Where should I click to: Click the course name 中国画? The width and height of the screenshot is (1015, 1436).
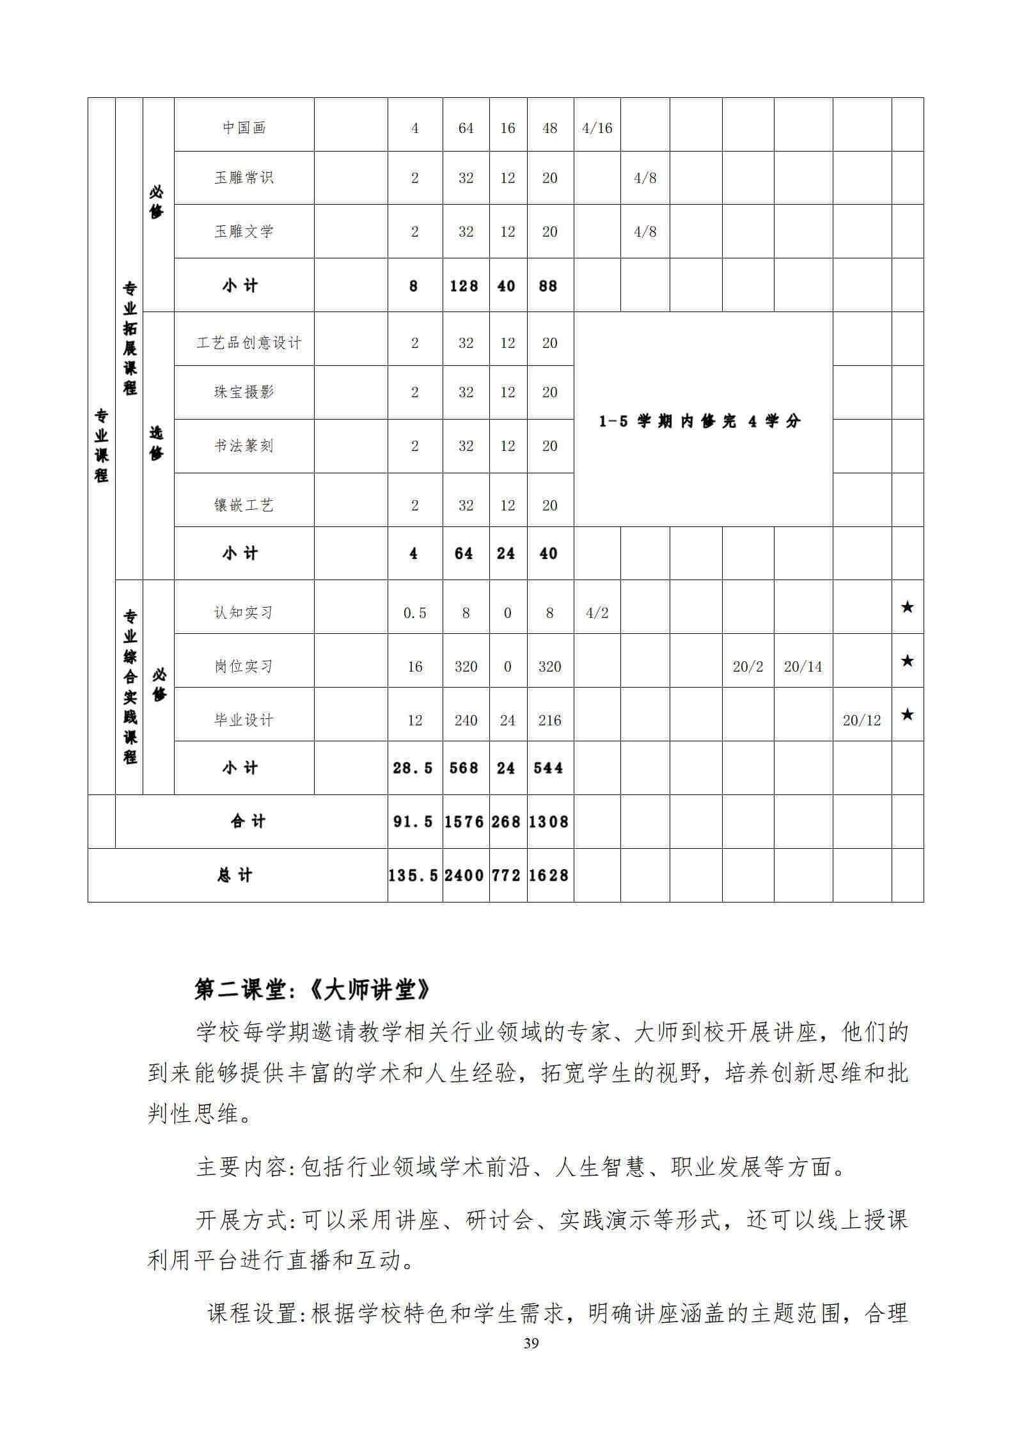point(244,128)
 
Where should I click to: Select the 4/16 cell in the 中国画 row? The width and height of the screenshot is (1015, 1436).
point(597,128)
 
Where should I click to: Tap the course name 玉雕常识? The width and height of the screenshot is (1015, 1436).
point(244,178)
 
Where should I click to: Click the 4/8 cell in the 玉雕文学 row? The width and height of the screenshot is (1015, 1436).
point(645,232)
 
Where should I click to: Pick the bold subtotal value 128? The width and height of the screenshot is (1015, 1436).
point(465,286)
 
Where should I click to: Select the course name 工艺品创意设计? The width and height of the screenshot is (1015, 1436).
point(248,343)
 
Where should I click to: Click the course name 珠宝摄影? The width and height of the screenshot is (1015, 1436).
point(244,392)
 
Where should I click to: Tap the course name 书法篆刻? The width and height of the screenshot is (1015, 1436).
point(244,446)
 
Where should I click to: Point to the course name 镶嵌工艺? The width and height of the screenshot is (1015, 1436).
point(244,505)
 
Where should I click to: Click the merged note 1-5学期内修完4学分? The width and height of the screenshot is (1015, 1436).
point(700,422)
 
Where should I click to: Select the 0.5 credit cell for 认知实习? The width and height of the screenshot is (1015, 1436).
point(414,613)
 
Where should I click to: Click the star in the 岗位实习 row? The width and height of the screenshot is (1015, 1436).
point(907,661)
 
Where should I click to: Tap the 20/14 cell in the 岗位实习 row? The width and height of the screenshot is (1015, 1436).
point(803,667)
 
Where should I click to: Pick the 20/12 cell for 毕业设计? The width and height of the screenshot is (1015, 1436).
point(862,720)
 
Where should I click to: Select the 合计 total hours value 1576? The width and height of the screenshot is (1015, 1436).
point(465,821)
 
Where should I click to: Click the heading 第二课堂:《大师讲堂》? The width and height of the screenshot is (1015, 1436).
point(313,991)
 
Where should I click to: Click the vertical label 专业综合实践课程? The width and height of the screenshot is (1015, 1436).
point(130,687)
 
